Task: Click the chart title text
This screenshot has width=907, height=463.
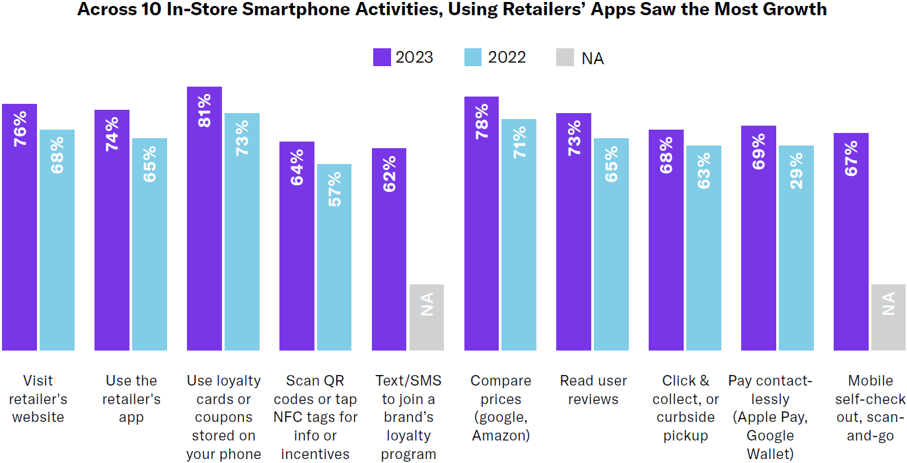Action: pyautogui.click(x=452, y=9)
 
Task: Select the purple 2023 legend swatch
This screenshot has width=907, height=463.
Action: pyautogui.click(x=382, y=58)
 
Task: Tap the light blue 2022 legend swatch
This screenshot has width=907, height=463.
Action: pyautogui.click(x=474, y=58)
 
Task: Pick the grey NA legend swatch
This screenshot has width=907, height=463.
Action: pyautogui.click(x=565, y=58)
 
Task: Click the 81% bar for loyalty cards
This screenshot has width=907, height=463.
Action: pyautogui.click(x=204, y=218)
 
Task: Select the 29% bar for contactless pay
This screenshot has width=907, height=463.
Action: pyautogui.click(x=796, y=248)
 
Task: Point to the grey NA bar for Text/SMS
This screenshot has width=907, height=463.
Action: pyautogui.click(x=426, y=317)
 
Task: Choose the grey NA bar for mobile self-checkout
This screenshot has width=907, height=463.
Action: pyautogui.click(x=888, y=317)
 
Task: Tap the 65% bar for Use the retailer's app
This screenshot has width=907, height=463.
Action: pyautogui.click(x=149, y=244)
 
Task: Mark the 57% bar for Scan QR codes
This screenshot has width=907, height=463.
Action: pyautogui.click(x=334, y=257)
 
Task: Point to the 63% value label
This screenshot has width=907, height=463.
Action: pyautogui.click(x=704, y=170)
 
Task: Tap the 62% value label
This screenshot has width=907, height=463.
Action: pyautogui.click(x=389, y=173)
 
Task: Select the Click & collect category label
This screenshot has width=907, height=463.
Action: pyautogui.click(x=685, y=408)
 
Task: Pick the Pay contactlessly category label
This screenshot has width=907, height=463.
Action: pyautogui.click(x=770, y=417)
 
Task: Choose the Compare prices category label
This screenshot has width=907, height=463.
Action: pyautogui.click(x=500, y=408)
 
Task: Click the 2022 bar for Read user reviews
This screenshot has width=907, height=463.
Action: pyautogui.click(x=611, y=244)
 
